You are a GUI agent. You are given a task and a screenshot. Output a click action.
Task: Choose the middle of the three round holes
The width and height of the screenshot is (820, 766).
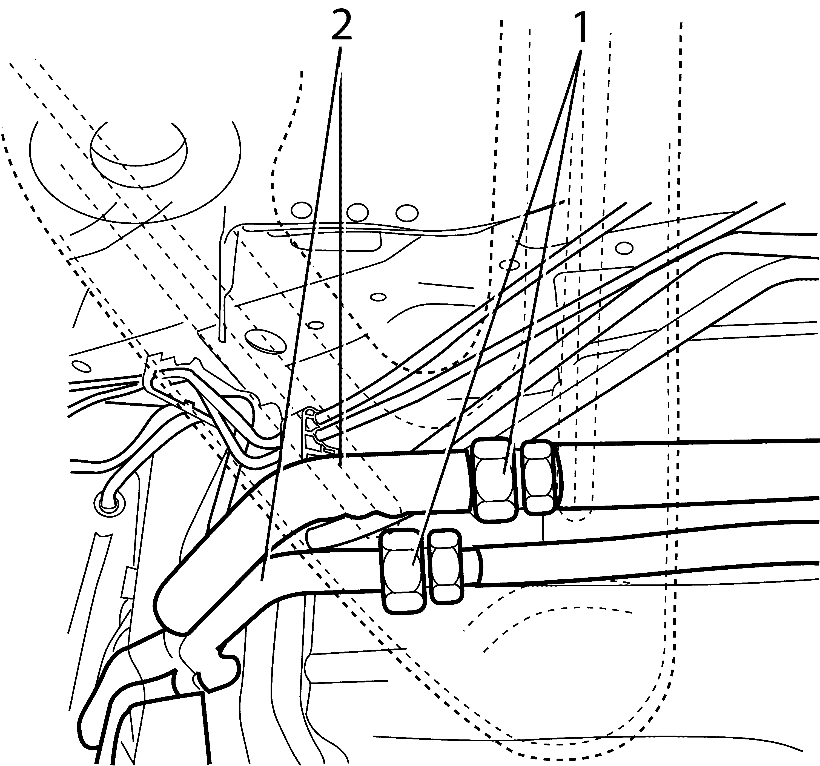(358, 212)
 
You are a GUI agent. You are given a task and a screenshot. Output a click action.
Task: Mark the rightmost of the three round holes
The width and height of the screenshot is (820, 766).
(407, 213)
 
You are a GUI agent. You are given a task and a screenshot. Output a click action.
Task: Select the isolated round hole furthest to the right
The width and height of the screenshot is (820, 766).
(624, 248)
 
